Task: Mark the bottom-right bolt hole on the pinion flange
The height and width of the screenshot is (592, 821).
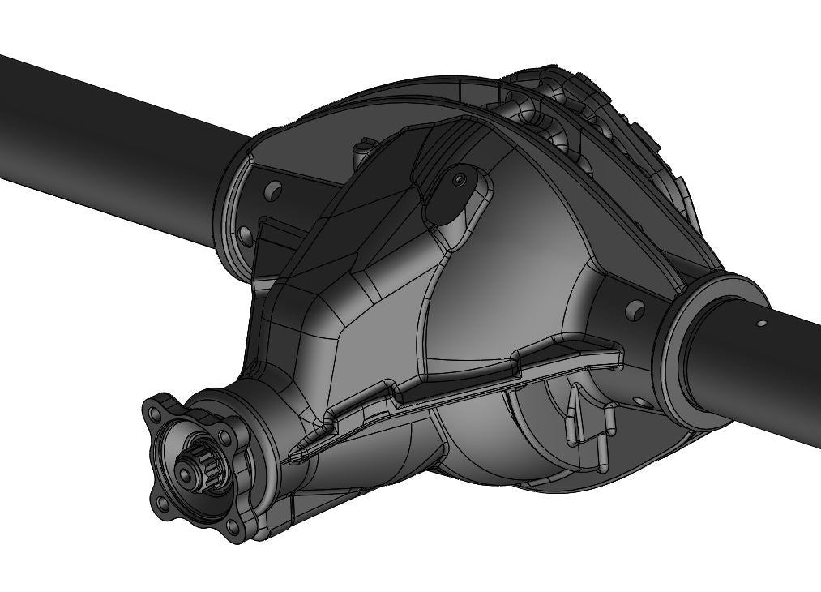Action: pyautogui.click(x=233, y=527)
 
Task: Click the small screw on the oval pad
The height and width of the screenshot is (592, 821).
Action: pyautogui.click(x=460, y=179)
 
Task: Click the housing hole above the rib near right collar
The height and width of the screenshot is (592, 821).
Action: pyautogui.click(x=636, y=309)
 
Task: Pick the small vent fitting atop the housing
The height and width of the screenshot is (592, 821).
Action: pyautogui.click(x=361, y=150)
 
